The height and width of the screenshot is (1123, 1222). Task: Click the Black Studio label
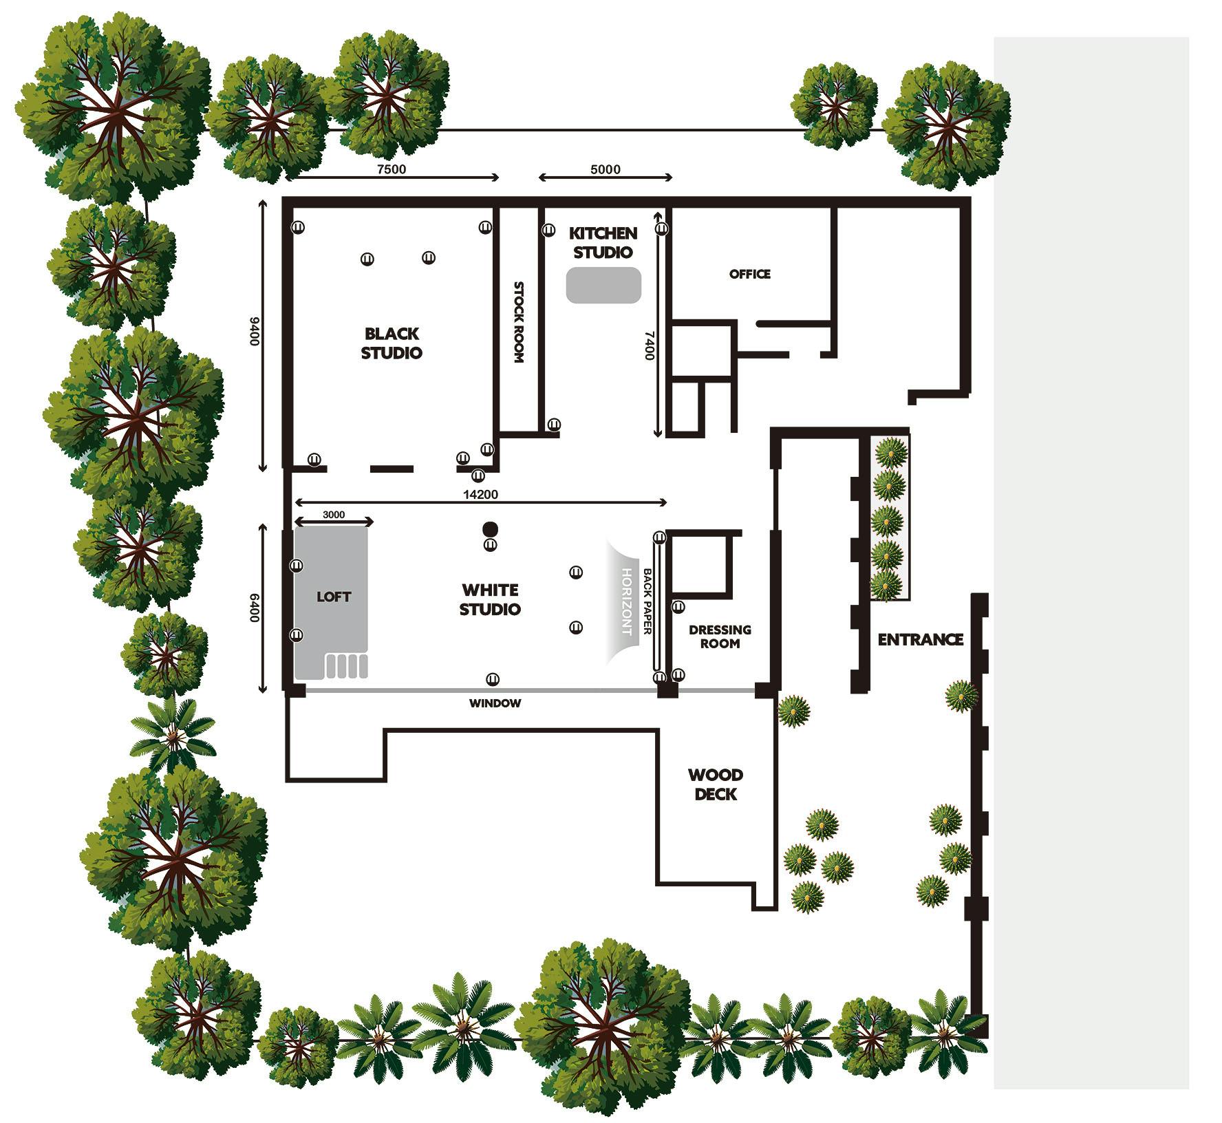pyautogui.click(x=392, y=343)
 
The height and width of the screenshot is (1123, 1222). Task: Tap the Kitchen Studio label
pyautogui.click(x=603, y=243)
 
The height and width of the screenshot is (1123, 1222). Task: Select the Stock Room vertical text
pyautogui.click(x=519, y=322)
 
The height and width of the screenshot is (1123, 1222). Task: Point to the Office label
pyautogui.click(x=750, y=274)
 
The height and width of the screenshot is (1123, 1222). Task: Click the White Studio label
pyautogui.click(x=491, y=599)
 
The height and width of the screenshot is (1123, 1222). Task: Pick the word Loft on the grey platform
pyautogui.click(x=334, y=597)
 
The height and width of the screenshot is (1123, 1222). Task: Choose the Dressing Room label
pyautogui.click(x=720, y=637)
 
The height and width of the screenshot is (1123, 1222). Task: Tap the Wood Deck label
pyautogui.click(x=716, y=784)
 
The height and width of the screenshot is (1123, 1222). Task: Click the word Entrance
pyautogui.click(x=921, y=639)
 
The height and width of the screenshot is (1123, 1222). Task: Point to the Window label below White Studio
pyautogui.click(x=495, y=703)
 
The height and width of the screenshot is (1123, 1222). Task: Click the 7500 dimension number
pyautogui.click(x=392, y=169)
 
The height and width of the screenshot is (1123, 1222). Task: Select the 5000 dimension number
pyautogui.click(x=605, y=169)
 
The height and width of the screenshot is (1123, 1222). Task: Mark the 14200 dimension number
pyautogui.click(x=480, y=494)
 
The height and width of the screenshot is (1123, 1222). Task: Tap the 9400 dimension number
pyautogui.click(x=254, y=332)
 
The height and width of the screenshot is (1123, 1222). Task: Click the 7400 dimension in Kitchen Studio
pyautogui.click(x=649, y=345)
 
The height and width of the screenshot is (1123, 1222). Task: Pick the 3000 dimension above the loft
pyautogui.click(x=334, y=515)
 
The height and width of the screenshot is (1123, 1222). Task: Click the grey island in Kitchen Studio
pyautogui.click(x=603, y=285)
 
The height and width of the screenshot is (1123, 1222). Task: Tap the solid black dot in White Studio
pyautogui.click(x=490, y=528)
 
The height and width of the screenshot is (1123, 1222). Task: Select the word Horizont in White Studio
pyautogui.click(x=627, y=601)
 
